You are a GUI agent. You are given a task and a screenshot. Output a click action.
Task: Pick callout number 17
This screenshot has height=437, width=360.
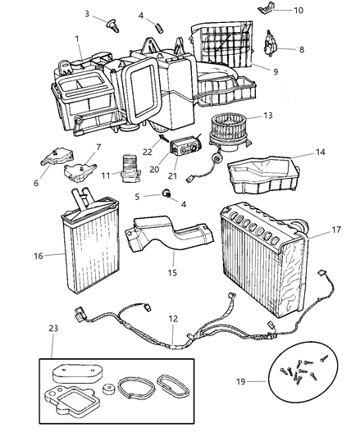pos(335,232)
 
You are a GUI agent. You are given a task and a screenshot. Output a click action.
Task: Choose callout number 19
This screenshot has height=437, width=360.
pos(263,381)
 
